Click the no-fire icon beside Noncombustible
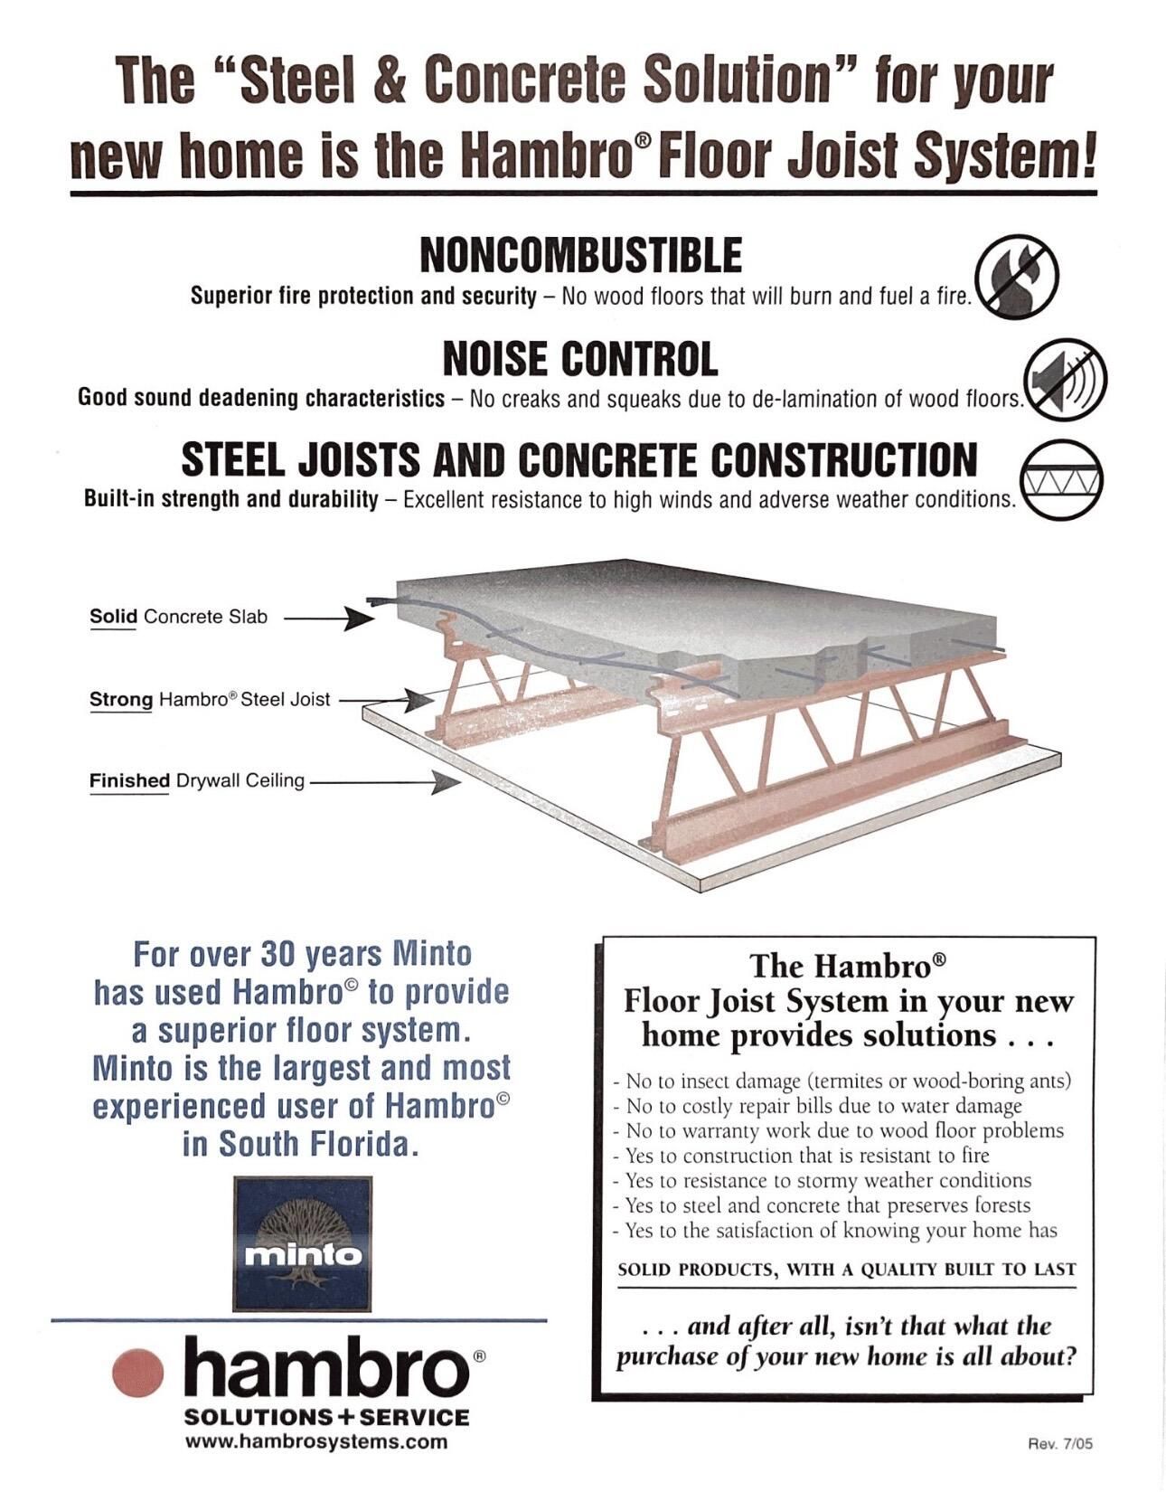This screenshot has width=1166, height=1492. [1017, 275]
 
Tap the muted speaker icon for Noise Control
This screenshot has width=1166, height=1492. [1064, 378]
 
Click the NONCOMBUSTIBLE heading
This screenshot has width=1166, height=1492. [581, 256]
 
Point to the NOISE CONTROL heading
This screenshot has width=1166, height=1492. [580, 359]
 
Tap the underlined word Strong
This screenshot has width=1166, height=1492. [121, 700]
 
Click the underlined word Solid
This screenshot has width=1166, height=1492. [113, 617]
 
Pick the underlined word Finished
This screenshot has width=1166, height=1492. [129, 780]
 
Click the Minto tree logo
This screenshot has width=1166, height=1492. [303, 1243]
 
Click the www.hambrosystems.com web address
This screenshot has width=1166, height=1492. [316, 1441]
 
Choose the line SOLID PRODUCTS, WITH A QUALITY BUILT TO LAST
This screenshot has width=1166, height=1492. [847, 1270]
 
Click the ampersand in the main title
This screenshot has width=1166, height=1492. [389, 80]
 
